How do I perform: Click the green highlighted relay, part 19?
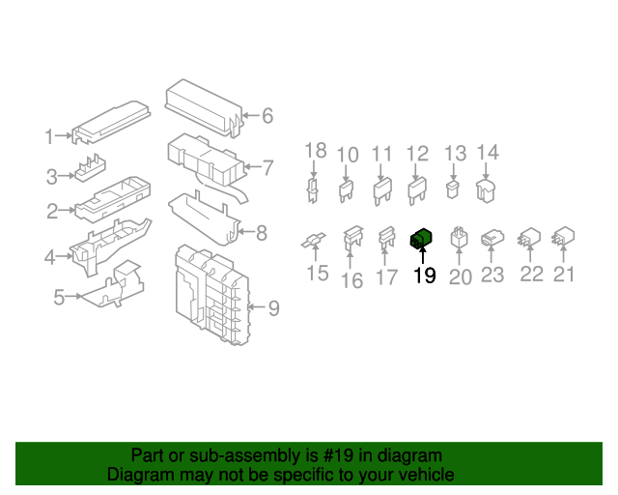pyautogui.click(x=421, y=239)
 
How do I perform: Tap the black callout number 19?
pyautogui.click(x=425, y=276)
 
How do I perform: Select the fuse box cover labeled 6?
pyautogui.click(x=204, y=107)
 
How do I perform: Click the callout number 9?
pyautogui.click(x=274, y=307)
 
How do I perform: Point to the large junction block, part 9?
pyautogui.click(x=212, y=295)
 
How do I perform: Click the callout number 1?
pyautogui.click(x=49, y=136)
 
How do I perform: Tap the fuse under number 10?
pyautogui.click(x=346, y=191)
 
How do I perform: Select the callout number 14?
pyautogui.click(x=488, y=152)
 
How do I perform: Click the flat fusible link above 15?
pyautogui.click(x=313, y=240)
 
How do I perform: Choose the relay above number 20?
pyautogui.click(x=459, y=237)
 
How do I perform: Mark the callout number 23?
pyautogui.click(x=492, y=275)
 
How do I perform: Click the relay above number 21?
pyautogui.click(x=563, y=236)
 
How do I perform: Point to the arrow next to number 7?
pyautogui.click(x=253, y=166)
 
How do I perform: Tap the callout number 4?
pyautogui.click(x=49, y=257)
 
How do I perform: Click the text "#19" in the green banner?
pyautogui.click(x=337, y=455)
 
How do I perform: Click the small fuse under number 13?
pyautogui.click(x=453, y=189)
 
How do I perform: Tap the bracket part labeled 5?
pyautogui.click(x=111, y=284)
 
